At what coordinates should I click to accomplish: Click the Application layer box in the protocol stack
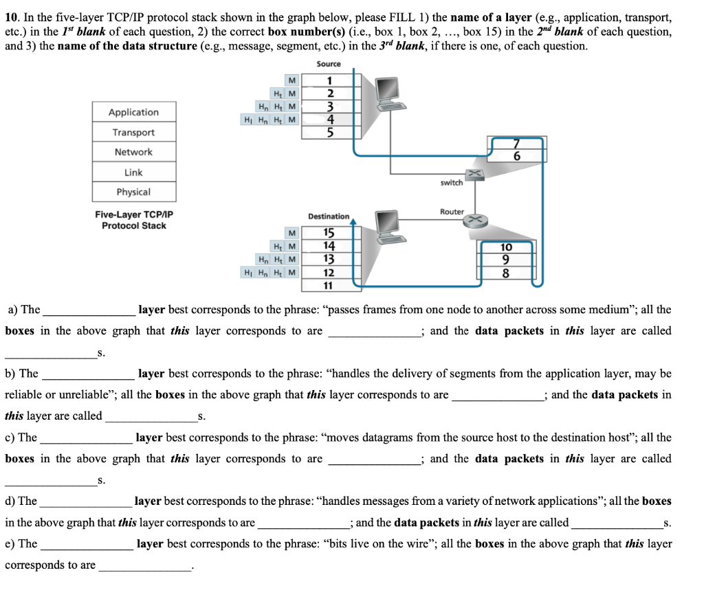pyautogui.click(x=133, y=112)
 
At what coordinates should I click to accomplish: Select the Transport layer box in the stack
pyautogui.click(x=133, y=132)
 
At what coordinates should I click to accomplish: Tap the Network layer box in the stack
pyautogui.click(x=133, y=152)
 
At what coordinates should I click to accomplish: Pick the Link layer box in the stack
pyautogui.click(x=133, y=172)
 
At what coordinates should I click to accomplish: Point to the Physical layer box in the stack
pyautogui.click(x=133, y=192)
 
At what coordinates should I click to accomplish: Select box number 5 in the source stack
pyautogui.click(x=330, y=132)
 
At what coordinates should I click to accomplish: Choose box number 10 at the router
pyautogui.click(x=506, y=247)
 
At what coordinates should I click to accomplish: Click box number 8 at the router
pyautogui.click(x=506, y=273)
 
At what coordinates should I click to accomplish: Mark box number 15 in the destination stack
pyautogui.click(x=329, y=233)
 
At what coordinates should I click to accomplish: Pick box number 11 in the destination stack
pyautogui.click(x=329, y=285)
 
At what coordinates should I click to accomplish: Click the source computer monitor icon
pyautogui.click(x=388, y=87)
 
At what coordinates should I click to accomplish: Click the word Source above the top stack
pyautogui.click(x=329, y=64)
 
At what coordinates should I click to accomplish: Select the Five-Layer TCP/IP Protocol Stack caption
pyautogui.click(x=134, y=220)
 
